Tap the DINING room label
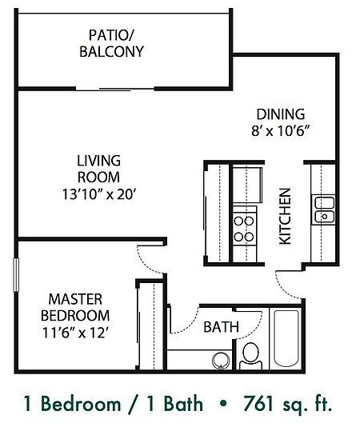coord(279,114)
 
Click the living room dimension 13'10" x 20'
coord(99,193)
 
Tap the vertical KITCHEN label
coord(284,216)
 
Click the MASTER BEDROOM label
coord(75,308)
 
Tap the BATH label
coord(218,327)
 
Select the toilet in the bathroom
coord(250,353)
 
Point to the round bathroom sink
coord(219,361)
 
